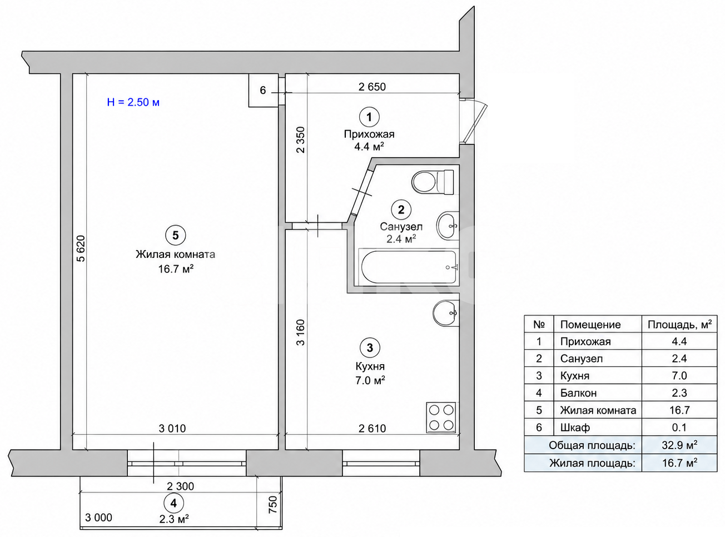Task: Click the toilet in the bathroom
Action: coord(433,182)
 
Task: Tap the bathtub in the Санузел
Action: coord(409,267)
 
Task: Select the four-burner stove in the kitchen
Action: coord(441,417)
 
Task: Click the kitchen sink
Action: coord(445,313)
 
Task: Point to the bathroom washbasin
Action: coord(447,226)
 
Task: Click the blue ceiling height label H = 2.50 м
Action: coord(133,102)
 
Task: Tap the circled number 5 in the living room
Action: coord(176,235)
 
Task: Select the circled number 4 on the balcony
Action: coord(173,503)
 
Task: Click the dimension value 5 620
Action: coord(81,248)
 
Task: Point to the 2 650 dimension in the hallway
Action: coord(372,87)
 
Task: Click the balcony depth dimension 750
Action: coord(272,504)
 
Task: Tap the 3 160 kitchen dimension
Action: coord(300,332)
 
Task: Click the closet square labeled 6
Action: coord(264,90)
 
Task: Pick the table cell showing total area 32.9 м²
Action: coord(679,445)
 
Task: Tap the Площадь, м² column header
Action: coord(679,325)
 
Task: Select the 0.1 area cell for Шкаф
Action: coord(679,427)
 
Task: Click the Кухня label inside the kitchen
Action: coord(370,366)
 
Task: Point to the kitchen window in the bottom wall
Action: coord(381,463)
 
